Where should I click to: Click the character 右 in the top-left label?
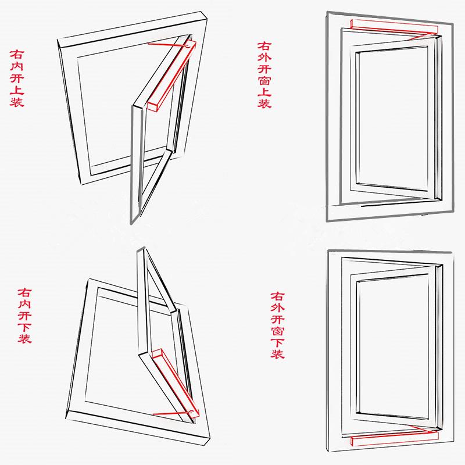pos(17,54)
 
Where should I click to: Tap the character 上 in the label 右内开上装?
pos(17,90)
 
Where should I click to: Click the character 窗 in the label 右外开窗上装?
pos(264,80)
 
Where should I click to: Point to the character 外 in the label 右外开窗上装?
pos(264,56)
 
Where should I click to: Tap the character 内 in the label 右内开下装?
pos(24,303)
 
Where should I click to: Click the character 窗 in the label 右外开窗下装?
pos(278,331)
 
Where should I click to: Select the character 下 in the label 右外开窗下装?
pos(278,343)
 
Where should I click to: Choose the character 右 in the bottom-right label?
pos(278,296)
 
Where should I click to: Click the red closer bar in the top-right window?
pos(394,26)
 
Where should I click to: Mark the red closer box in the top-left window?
pos(172,76)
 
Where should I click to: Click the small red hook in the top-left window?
pos(187,46)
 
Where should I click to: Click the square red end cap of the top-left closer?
pos(152,106)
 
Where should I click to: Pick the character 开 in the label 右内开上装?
pos(17,78)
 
